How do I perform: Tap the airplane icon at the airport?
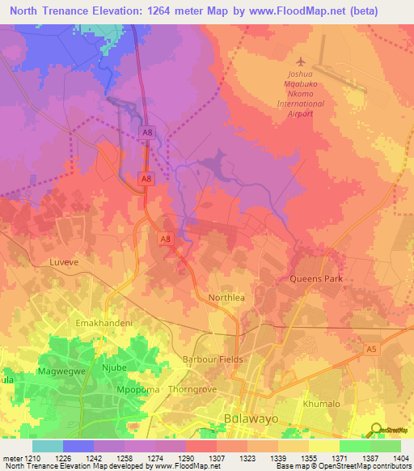coord(302,62)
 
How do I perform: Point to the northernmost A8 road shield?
coord(146,132)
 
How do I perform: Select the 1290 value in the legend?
coord(171,459)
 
